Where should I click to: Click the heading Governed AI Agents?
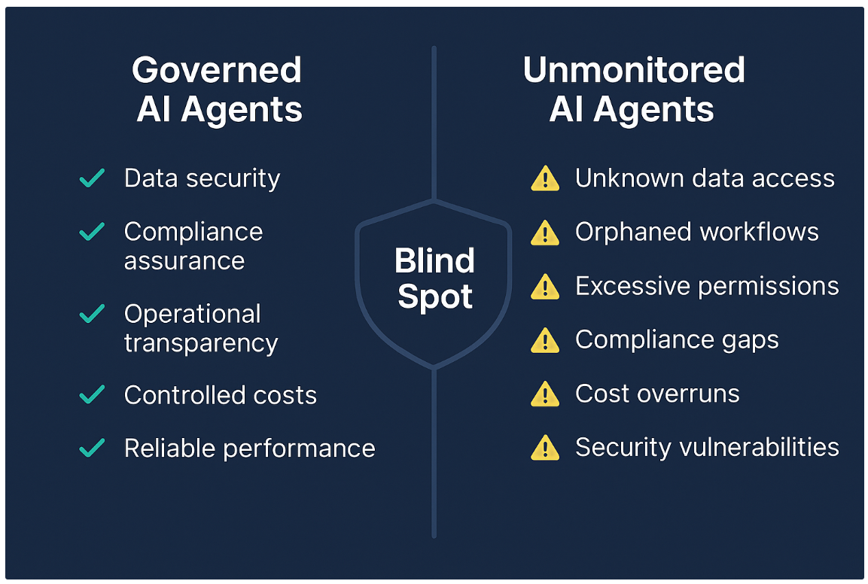[x=218, y=90]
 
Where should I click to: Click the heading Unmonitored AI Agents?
[x=633, y=90]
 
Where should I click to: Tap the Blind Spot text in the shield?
[x=434, y=278]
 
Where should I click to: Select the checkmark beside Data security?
[x=92, y=178]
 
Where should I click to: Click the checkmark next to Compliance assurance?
[x=92, y=232]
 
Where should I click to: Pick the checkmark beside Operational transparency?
[x=92, y=314]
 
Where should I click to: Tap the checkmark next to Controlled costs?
[x=92, y=394]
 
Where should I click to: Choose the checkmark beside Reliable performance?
[x=92, y=449]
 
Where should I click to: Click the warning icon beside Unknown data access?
[x=544, y=178]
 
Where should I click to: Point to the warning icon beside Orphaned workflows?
[x=544, y=233]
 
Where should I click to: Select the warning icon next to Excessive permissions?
[x=544, y=287]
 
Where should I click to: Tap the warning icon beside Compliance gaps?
[x=544, y=340]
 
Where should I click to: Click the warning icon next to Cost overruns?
[x=544, y=394]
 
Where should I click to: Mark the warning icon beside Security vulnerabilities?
[x=544, y=448]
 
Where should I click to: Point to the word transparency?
[x=201, y=343]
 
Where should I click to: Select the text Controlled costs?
[x=220, y=395]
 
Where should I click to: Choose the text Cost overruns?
[x=656, y=394]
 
